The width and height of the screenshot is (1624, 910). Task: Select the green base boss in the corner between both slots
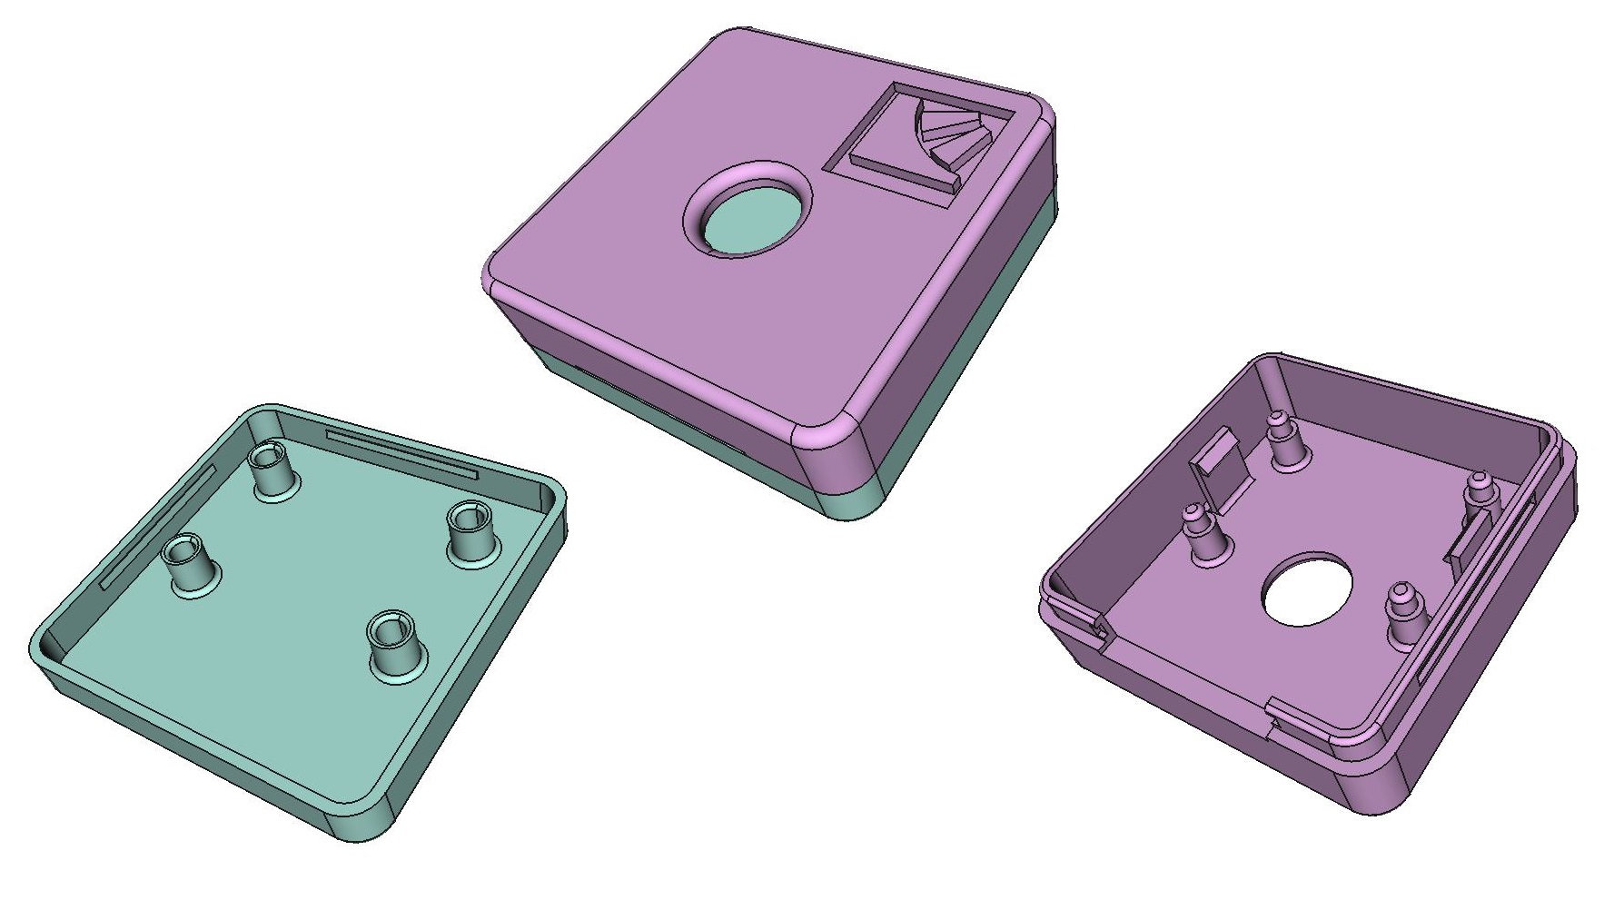coord(272,468)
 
